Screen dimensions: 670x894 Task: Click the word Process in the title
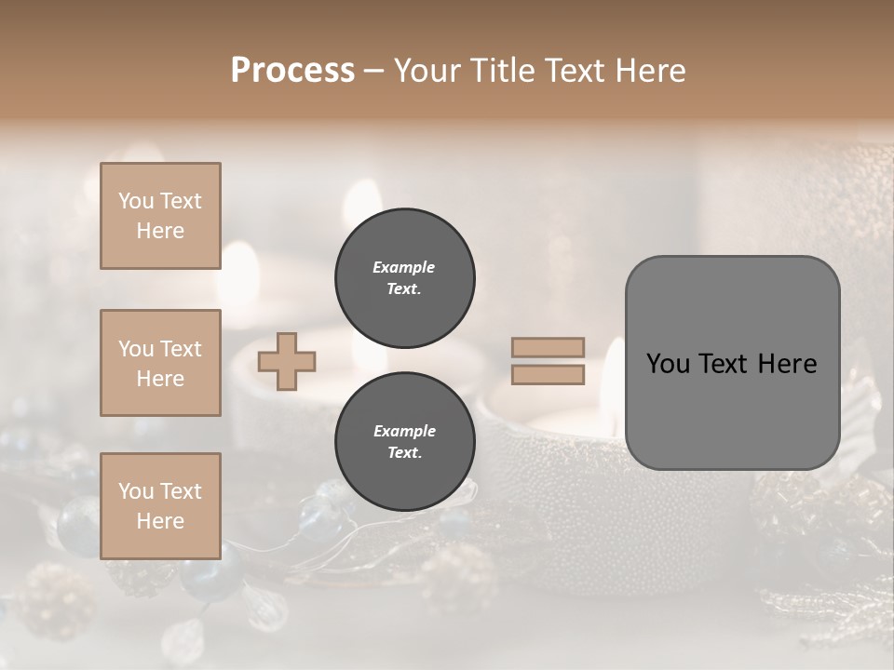coord(292,71)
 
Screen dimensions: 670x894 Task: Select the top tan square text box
coord(160,216)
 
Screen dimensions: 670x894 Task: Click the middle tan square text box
coord(160,363)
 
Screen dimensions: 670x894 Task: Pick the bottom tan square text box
coord(160,506)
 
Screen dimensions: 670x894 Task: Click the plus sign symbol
coord(287,361)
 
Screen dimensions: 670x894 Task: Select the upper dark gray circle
coord(405,277)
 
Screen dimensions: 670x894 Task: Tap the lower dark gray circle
coord(405,441)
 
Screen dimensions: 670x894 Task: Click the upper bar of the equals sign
coord(548,348)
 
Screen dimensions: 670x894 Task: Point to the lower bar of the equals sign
coord(548,375)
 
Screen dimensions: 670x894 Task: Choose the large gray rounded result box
coord(732,362)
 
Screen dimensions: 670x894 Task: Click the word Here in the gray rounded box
coord(787,364)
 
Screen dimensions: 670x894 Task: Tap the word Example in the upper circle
coord(403,267)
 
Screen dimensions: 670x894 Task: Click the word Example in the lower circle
coord(403,431)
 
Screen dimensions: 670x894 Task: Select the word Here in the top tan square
coord(160,231)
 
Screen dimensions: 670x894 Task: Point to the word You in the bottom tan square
coord(136,491)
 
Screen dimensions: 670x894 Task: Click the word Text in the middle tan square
coord(180,349)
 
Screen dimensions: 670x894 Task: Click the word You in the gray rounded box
coord(667,364)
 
